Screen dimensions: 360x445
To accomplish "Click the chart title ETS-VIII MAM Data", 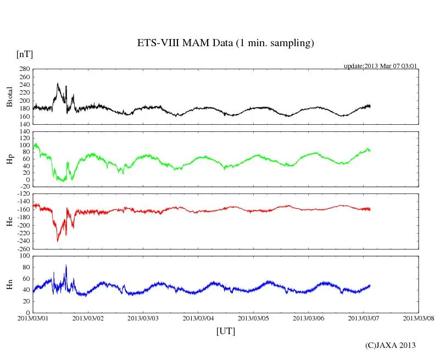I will coord(225,43).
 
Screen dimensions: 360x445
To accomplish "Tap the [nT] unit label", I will coord(25,54).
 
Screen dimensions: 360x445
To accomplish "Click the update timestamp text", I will coord(381,66).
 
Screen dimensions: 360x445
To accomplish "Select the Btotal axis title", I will coord(9,97).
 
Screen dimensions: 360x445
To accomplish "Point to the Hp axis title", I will coord(9,159).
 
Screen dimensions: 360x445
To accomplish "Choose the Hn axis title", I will coord(9,284).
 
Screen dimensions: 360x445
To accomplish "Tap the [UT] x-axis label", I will coord(225,331).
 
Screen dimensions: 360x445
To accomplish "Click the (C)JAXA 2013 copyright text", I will coord(391,345).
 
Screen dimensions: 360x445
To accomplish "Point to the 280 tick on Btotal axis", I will coord(24,69).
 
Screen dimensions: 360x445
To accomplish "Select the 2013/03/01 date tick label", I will coord(33,318).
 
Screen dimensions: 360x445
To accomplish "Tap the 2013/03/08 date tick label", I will coord(419,318).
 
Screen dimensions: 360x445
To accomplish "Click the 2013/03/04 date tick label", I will coord(198,318).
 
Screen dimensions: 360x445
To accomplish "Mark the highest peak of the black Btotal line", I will coord(58,84).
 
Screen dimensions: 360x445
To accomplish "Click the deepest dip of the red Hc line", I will coord(58,241).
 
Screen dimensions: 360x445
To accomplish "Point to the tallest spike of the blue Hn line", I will coord(66,265).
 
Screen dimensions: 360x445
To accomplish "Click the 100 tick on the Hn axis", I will coord(25,256).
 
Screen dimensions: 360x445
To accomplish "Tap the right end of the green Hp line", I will coord(370,150).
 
